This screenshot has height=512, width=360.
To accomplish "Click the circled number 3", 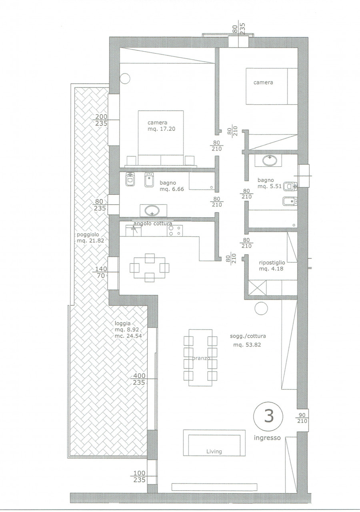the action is [x=268, y=416].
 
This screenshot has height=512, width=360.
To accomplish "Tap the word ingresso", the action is [x=267, y=438].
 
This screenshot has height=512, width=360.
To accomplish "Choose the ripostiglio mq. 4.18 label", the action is [x=272, y=266].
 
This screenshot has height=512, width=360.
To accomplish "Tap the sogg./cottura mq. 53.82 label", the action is [x=248, y=340].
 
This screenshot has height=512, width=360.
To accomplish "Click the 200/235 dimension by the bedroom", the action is [x=101, y=120].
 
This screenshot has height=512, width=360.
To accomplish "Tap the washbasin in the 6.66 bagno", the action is [x=153, y=210].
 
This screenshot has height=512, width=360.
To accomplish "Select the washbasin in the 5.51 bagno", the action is [x=270, y=160].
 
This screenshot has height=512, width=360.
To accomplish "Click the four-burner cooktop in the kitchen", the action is [x=175, y=231].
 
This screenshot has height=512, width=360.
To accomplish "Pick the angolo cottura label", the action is [x=152, y=223].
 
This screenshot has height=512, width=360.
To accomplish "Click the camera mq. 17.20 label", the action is [x=161, y=126].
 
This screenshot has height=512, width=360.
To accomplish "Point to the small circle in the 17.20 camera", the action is [x=126, y=78].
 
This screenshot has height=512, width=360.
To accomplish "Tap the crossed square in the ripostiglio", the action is [x=257, y=288].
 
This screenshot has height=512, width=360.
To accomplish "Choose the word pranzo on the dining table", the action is [x=201, y=358].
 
